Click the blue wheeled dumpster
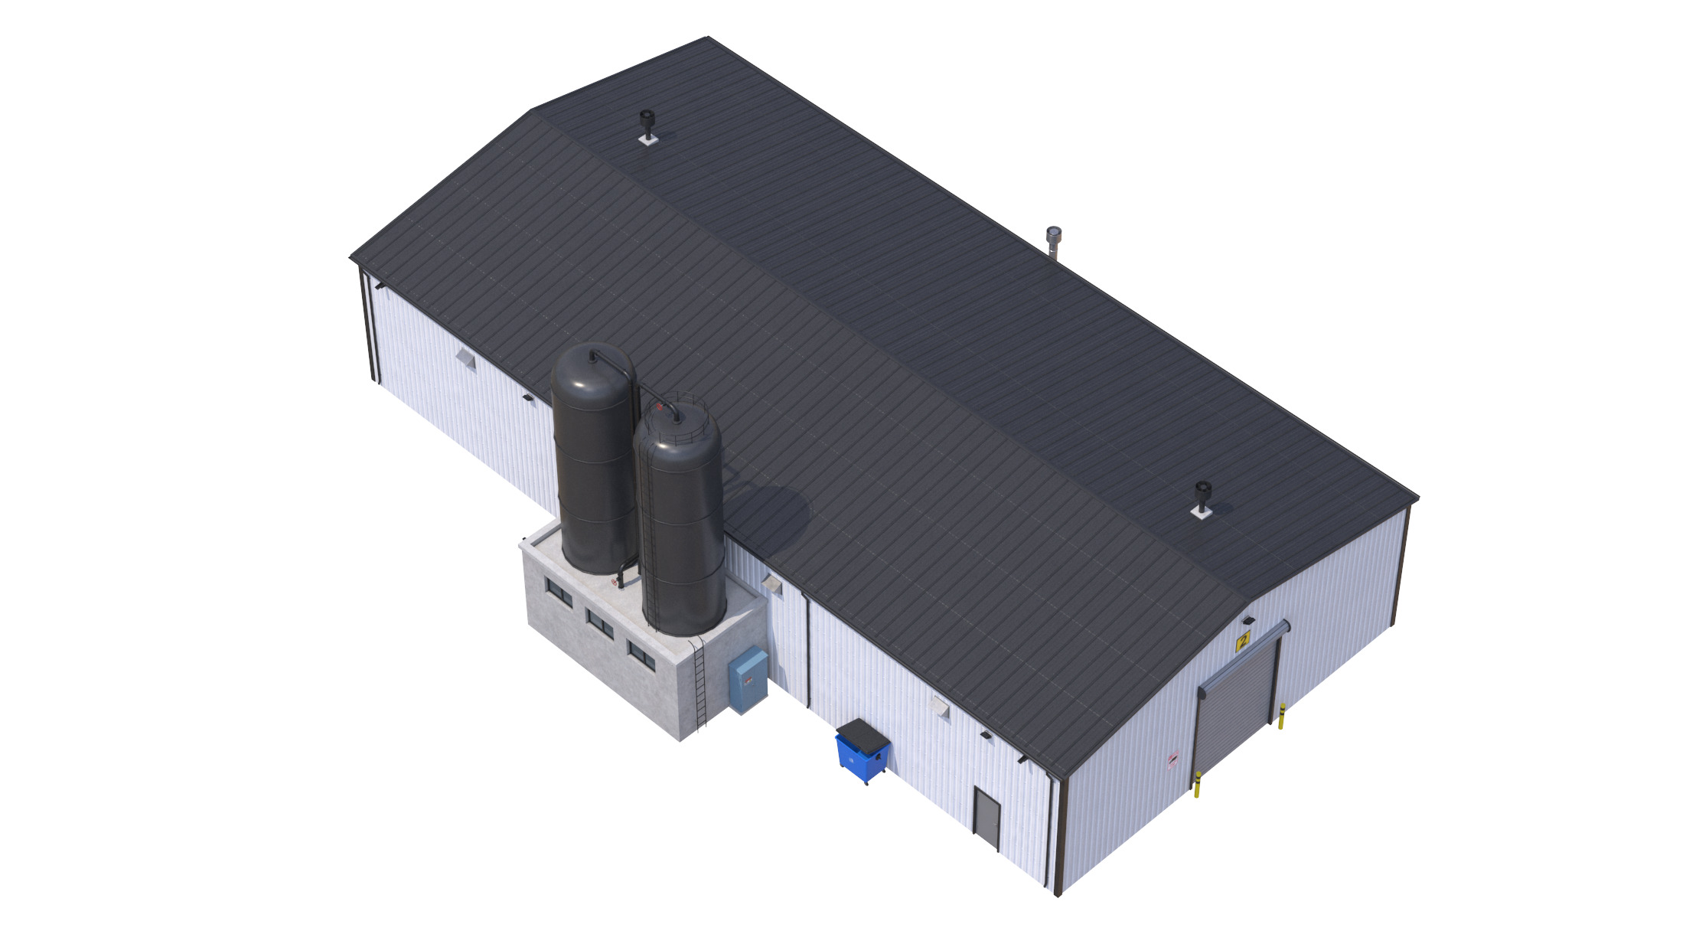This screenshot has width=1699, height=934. [x=862, y=753]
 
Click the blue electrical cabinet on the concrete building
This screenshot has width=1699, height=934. [x=747, y=680]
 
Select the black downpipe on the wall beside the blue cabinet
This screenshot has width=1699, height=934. [x=807, y=651]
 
